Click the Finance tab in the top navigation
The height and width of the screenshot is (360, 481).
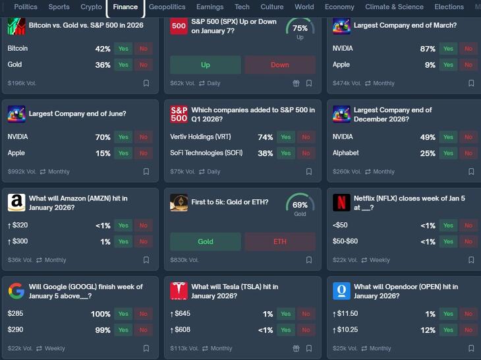click(125, 7)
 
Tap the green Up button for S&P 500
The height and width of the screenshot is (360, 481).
click(206, 65)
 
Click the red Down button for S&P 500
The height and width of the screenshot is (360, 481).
click(280, 65)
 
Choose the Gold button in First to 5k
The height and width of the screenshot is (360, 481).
click(206, 241)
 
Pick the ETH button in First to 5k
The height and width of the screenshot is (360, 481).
click(280, 241)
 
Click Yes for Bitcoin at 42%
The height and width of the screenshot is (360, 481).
click(123, 49)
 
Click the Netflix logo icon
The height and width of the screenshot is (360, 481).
click(341, 202)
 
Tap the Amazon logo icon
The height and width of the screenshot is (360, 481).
click(16, 202)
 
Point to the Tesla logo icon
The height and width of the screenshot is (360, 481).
click(179, 291)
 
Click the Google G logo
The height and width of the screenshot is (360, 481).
click(16, 291)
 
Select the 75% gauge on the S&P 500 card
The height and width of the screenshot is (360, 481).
click(300, 30)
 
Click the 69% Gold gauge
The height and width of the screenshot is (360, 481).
click(300, 206)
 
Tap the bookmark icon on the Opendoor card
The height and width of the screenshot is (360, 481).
click(471, 348)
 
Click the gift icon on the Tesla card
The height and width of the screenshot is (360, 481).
click(296, 348)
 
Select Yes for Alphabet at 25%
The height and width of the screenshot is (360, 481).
click(448, 153)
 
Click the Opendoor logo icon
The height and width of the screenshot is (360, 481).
click(341, 291)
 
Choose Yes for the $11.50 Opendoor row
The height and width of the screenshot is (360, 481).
click(448, 314)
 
